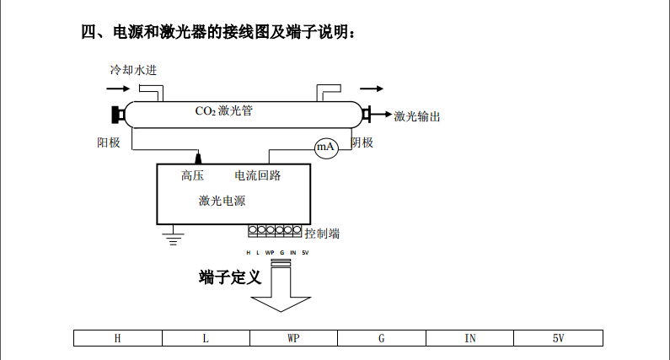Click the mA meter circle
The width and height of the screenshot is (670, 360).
325,148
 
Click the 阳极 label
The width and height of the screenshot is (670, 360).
109,142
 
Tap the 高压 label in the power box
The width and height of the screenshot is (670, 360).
193,176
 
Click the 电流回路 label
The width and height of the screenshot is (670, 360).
257,176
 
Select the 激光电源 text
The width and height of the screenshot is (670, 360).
222,201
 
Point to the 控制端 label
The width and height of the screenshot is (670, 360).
322,234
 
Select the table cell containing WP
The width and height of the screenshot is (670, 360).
293,338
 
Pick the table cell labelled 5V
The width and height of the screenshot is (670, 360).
558,338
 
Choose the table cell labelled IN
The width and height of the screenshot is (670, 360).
469,338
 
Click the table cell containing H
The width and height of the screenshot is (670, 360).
117,338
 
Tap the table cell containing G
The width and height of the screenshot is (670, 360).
381,338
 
